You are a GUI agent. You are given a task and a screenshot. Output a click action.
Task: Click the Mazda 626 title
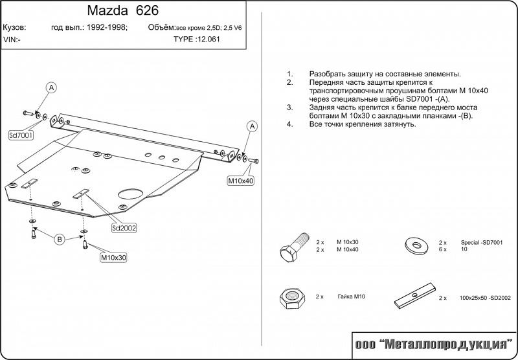(x=121, y=11)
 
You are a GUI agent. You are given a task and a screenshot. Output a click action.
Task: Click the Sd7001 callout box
(x=21, y=135)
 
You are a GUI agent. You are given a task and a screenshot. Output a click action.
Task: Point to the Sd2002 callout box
(x=124, y=228)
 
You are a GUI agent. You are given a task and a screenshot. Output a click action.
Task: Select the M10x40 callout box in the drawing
(x=240, y=181)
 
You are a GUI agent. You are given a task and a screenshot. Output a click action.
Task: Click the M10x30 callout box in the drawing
(x=113, y=258)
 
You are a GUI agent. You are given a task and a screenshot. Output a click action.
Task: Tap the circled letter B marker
(x=59, y=240)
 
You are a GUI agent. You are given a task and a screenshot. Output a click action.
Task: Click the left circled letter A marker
(x=51, y=87)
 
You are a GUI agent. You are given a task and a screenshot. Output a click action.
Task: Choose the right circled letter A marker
(x=253, y=126)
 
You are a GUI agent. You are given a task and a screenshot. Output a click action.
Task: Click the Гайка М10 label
(x=350, y=296)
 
